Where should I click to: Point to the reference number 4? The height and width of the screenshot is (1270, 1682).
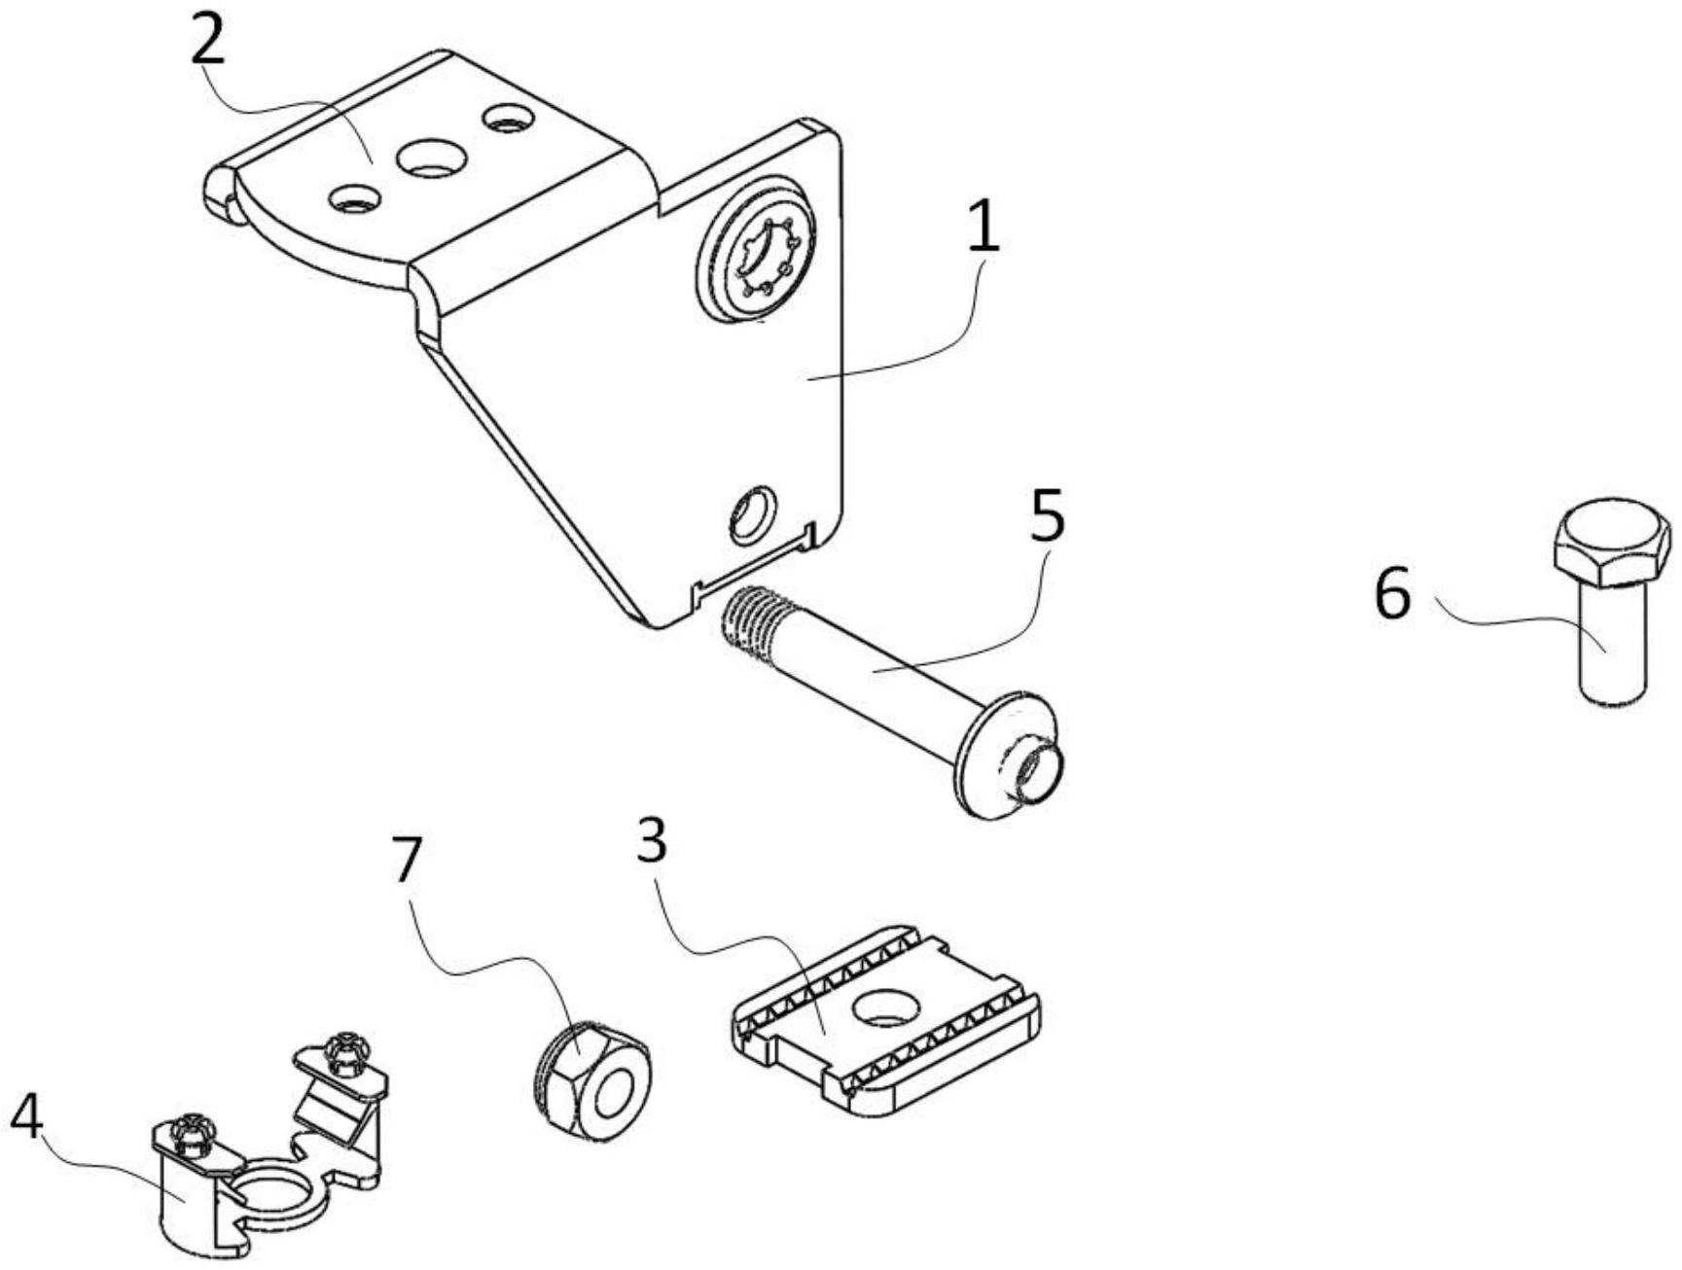pos(26,1117)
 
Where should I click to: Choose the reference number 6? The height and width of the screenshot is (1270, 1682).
pos(1392,594)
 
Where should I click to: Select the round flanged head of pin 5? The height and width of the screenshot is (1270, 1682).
pos(1009,755)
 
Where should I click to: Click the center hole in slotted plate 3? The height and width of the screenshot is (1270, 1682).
pos(886,1008)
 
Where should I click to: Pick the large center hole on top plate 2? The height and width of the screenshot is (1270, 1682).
pos(431,157)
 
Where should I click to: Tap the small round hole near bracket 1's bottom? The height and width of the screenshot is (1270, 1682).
pos(753,513)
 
